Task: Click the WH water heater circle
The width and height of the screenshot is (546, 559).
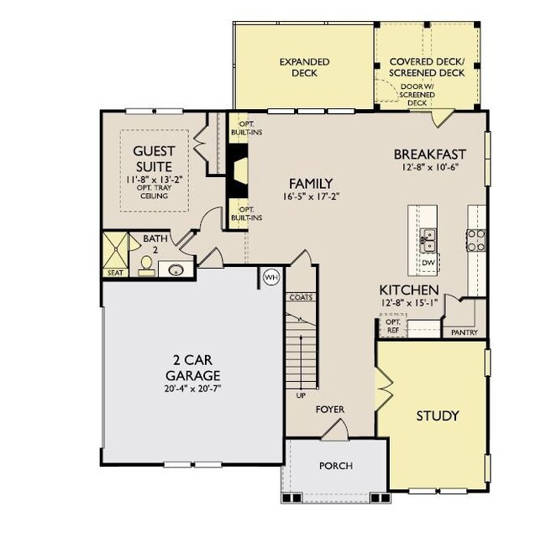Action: click(271, 277)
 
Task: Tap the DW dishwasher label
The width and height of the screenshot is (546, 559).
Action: click(428, 263)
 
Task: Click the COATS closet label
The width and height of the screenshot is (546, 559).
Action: click(301, 297)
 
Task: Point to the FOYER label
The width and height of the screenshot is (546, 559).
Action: click(330, 410)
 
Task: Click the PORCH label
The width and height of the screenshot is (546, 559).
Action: click(336, 466)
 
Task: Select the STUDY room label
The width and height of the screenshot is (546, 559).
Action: click(437, 415)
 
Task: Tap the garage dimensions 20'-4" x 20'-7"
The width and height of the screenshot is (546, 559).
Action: click(192, 388)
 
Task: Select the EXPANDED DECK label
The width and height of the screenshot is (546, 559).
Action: click(304, 67)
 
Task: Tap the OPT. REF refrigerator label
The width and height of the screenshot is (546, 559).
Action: click(391, 326)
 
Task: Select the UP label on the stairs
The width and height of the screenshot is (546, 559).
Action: click(300, 394)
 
